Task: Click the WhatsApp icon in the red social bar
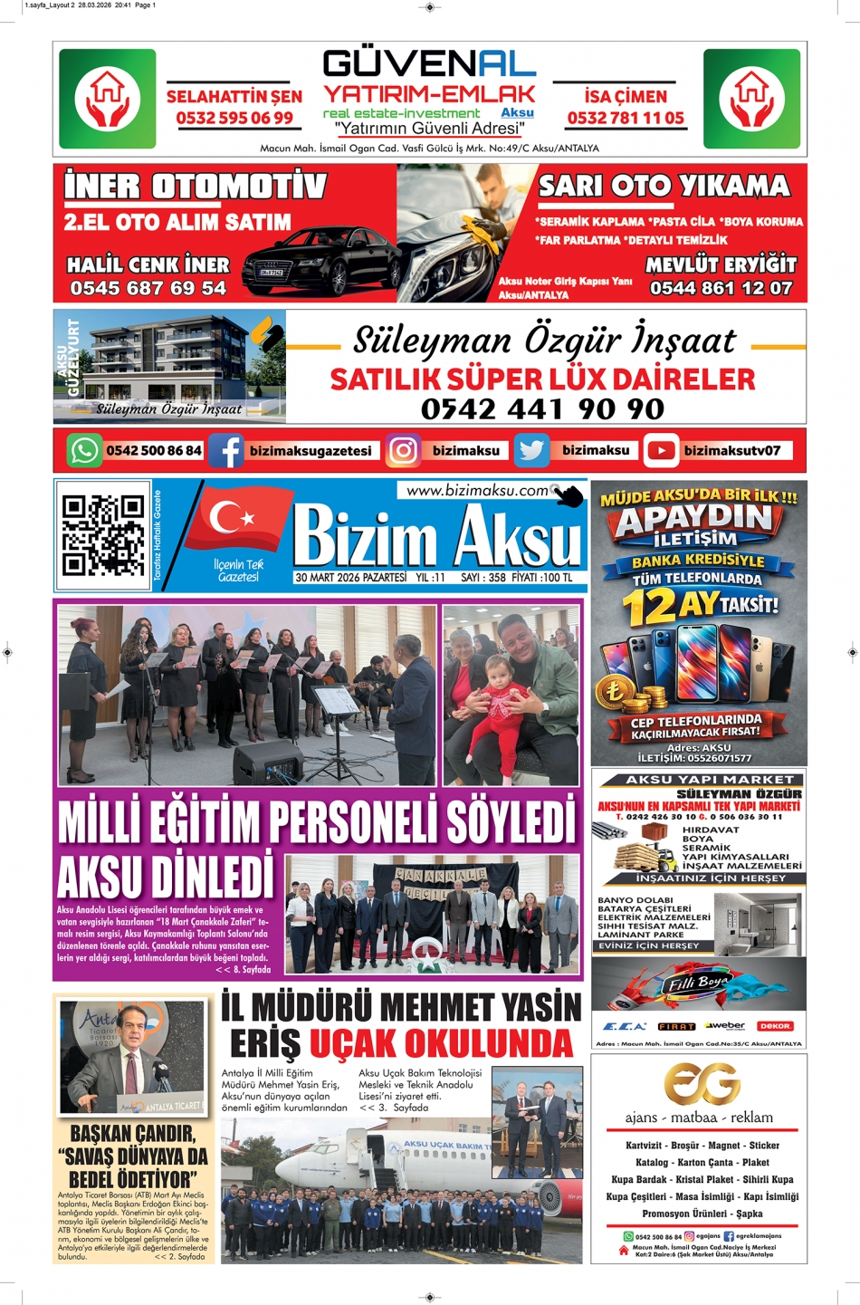(85, 451)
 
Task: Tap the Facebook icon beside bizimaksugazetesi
(226, 451)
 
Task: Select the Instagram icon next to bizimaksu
(403, 451)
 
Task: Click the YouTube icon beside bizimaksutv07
(662, 451)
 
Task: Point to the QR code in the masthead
(103, 535)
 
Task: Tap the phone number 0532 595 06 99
(234, 119)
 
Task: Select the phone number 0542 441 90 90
(542, 409)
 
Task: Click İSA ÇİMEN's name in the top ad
(626, 97)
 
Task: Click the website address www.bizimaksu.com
(477, 491)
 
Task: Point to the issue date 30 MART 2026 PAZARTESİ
(350, 578)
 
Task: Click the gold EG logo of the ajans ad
(702, 1083)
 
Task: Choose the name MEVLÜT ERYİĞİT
(721, 265)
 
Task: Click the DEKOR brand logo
(774, 1026)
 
